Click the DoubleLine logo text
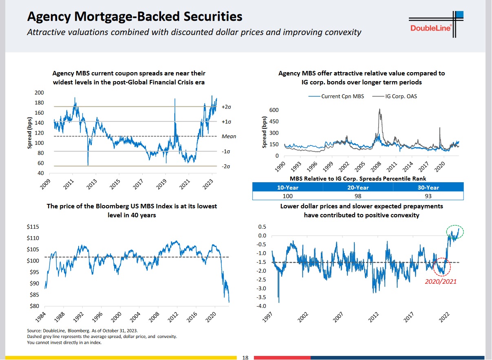430,28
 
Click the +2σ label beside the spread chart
226,107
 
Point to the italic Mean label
229,137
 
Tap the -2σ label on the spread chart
226,166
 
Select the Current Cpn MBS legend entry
336,97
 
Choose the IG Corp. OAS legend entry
395,97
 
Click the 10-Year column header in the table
287,188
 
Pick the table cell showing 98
358,196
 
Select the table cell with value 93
428,196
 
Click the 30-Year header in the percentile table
428,188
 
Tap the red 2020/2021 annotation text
441,282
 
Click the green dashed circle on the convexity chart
455,225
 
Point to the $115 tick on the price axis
33,227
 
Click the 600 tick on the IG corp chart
274,110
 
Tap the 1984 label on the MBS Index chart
40,317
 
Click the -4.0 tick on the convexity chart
261,306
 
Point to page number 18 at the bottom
245,358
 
